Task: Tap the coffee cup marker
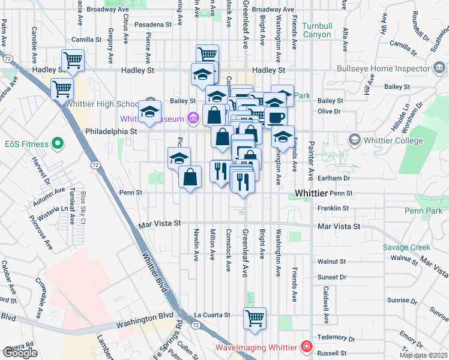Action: pos(277,118)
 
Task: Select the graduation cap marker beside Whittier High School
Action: pos(149,112)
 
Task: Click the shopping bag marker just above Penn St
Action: pos(190,178)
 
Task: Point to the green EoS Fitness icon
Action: pos(58,143)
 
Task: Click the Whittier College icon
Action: pos(354,140)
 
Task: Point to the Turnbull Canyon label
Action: pos(316,30)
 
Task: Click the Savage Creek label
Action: pos(406,247)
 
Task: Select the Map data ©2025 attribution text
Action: pos(423,355)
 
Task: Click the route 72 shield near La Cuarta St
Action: pos(195,324)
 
